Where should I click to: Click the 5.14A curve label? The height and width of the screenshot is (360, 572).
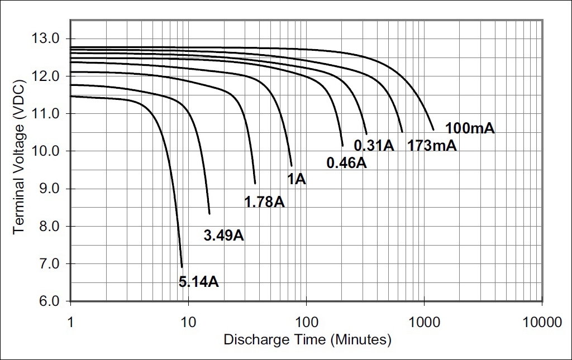click(x=198, y=282)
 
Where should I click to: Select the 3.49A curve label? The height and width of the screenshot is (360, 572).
click(x=224, y=236)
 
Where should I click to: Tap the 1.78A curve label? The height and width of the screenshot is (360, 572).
click(x=264, y=201)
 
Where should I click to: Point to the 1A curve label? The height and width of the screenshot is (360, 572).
click(x=297, y=179)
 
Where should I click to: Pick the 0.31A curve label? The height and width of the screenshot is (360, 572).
click(x=374, y=146)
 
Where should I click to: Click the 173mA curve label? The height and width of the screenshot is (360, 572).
click(x=432, y=146)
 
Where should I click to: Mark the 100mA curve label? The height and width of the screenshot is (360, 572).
click(x=470, y=128)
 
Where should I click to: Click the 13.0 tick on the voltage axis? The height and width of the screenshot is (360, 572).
click(x=46, y=39)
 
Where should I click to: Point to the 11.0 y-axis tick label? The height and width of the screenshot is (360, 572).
click(x=46, y=114)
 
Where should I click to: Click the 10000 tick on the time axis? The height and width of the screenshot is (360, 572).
click(x=542, y=322)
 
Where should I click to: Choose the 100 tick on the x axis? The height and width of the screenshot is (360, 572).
click(x=306, y=322)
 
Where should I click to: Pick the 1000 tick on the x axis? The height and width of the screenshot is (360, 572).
click(x=424, y=322)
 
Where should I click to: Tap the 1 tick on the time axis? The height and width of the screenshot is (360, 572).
click(x=70, y=322)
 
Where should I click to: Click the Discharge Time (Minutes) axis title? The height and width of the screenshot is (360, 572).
click(x=307, y=339)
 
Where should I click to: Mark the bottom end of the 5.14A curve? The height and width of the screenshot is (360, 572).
click(x=182, y=267)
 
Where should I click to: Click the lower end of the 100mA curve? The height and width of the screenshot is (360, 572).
click(x=433, y=130)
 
